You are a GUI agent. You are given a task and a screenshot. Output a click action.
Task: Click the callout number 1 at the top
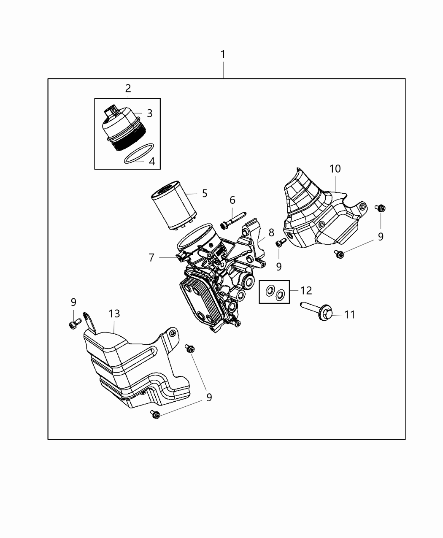tap(223, 54)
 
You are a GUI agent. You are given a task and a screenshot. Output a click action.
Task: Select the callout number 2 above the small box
tap(128, 88)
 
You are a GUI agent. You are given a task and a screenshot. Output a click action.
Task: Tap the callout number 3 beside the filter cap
tap(149, 113)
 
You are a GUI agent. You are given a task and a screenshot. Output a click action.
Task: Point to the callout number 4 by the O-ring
tap(152, 161)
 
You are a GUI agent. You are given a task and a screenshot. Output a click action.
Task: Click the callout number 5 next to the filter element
tap(205, 193)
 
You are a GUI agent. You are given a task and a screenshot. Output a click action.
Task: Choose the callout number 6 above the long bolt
tap(232, 200)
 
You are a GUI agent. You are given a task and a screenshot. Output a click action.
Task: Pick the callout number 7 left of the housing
tap(151, 257)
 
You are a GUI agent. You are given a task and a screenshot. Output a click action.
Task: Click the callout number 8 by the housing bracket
tap(271, 233)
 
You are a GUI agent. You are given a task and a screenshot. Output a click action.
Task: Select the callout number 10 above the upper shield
tap(335, 169)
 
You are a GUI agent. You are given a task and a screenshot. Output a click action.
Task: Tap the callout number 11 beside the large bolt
tap(350, 314)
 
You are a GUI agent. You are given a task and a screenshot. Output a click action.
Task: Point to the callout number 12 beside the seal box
tap(306, 290)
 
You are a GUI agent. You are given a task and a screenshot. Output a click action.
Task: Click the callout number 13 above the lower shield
tap(114, 314)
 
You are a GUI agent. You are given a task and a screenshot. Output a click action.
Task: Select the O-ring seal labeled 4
tap(138, 153)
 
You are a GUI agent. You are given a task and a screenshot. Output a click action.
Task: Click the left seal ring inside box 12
tap(270, 290)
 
